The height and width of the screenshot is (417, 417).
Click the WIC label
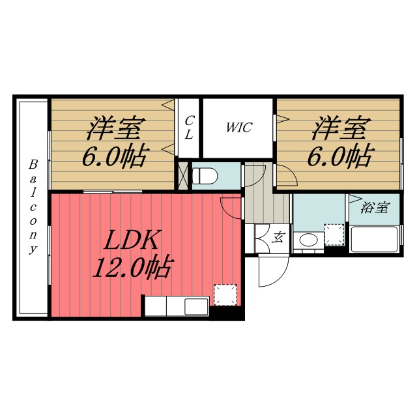coord(238,128)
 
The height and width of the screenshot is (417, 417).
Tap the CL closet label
coord(189,127)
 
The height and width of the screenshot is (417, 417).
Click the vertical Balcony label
coord(32,207)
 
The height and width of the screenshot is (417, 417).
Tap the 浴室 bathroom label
coord(375,208)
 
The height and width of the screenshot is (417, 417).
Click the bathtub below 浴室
coord(374,240)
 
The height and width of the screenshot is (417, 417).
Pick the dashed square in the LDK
coord(225,295)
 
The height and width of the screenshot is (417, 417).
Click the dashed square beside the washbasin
coord(334,235)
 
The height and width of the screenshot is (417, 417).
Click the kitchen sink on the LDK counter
coord(195,306)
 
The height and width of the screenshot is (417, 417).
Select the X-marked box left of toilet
coord(182,175)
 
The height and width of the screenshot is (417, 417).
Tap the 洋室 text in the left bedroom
coord(117,128)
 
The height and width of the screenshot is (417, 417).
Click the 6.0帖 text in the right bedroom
coord(341,155)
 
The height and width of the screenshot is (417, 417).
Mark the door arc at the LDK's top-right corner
coord(231,207)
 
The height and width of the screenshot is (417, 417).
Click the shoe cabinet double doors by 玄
coord(263,238)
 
